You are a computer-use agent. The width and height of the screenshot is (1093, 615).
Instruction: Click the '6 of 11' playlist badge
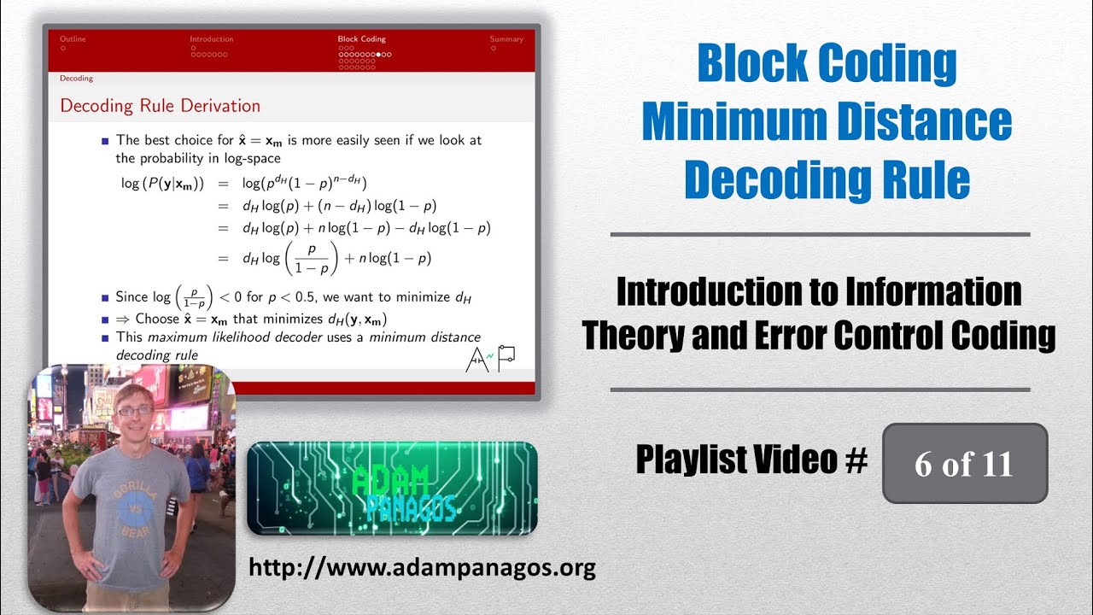(x=964, y=464)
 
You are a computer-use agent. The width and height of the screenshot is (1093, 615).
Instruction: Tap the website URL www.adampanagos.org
(x=422, y=567)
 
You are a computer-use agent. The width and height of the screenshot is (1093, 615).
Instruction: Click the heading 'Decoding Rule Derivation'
(x=160, y=106)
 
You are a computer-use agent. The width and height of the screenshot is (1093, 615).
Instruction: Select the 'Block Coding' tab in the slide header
(x=361, y=39)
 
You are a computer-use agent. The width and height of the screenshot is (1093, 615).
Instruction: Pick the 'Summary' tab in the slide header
(x=506, y=39)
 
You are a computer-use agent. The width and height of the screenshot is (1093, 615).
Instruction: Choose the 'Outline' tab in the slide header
(x=73, y=39)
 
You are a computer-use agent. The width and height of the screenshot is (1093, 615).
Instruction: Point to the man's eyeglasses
(x=135, y=410)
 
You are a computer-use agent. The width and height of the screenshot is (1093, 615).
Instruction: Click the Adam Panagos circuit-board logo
(x=392, y=488)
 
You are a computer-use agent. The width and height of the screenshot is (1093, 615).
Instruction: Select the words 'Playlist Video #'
(x=751, y=460)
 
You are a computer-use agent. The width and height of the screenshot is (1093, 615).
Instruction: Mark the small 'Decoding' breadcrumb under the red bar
(x=76, y=79)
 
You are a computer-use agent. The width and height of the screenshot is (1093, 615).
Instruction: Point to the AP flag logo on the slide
(x=490, y=359)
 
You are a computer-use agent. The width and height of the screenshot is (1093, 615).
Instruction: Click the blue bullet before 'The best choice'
(x=105, y=140)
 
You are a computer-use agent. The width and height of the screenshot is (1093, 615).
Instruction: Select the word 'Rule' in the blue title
(x=926, y=180)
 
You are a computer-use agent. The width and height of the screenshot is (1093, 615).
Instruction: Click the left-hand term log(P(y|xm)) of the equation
(x=162, y=182)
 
